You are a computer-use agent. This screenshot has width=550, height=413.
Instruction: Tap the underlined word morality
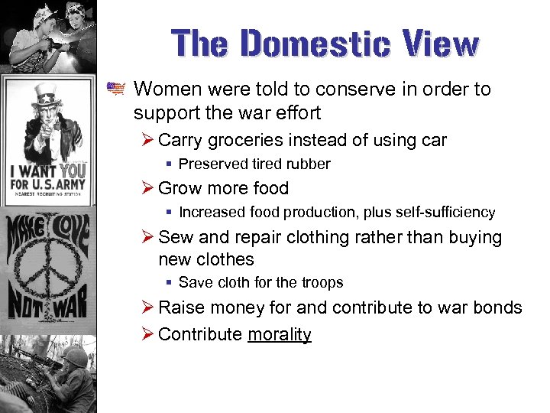pyautogui.click(x=280, y=334)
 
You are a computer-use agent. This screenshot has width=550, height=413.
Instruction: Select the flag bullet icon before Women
pyautogui.click(x=115, y=89)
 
